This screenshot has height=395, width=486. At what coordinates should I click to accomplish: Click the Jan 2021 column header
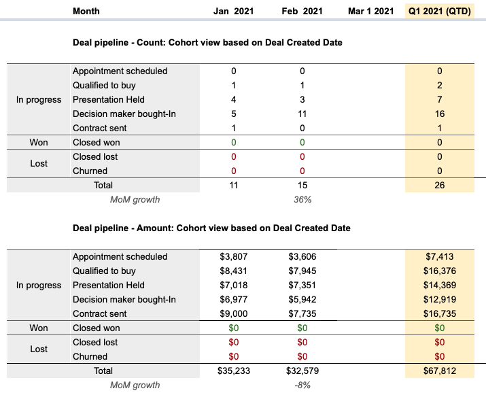(x=233, y=11)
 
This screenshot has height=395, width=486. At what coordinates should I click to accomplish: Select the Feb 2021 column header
(x=302, y=11)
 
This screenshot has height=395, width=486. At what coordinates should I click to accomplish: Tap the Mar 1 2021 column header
(x=370, y=11)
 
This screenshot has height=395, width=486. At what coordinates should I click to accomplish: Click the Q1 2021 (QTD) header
(x=440, y=11)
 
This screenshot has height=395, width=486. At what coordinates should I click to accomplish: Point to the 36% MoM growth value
(x=302, y=199)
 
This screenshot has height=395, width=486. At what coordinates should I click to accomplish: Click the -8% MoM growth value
(x=302, y=385)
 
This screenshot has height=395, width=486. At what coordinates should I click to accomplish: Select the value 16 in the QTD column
(x=440, y=114)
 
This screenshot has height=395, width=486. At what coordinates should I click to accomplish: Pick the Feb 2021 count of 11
(x=302, y=114)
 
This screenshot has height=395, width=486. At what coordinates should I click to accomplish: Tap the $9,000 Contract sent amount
(x=234, y=313)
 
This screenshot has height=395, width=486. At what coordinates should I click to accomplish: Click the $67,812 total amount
(x=440, y=371)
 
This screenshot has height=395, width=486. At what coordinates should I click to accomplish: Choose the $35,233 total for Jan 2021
(x=234, y=371)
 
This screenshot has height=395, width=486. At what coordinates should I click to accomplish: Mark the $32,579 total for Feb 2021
(x=302, y=371)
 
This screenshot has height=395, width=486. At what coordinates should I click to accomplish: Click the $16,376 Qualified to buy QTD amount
(x=440, y=271)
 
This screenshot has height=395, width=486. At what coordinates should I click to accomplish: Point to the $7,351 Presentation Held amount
(x=302, y=286)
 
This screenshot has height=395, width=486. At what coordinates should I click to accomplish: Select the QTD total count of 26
(x=440, y=185)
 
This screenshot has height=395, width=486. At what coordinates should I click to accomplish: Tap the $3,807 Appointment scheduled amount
(x=234, y=257)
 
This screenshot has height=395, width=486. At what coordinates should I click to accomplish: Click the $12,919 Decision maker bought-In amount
(x=440, y=300)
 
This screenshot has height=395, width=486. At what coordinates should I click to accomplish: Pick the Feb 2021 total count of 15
(x=302, y=185)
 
